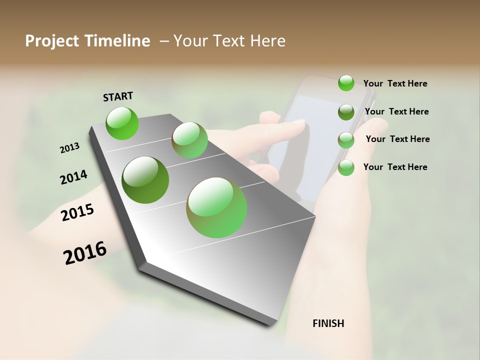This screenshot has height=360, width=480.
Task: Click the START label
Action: coord(118,96)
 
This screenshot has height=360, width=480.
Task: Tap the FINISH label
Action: coord(328,323)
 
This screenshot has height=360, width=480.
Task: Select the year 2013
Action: coord(70,148)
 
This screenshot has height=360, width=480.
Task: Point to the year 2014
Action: coord(73,177)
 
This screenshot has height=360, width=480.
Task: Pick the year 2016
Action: coord(85,252)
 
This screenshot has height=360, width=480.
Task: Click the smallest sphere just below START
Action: coord(122,123)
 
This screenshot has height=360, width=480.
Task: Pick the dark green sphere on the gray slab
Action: coord(145,180)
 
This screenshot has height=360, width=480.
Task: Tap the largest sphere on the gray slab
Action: coord(216,207)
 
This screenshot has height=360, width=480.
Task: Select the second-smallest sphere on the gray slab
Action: coord(189,140)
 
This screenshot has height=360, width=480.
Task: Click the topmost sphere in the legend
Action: coord(346,83)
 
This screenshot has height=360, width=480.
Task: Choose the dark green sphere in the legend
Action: coord(346,112)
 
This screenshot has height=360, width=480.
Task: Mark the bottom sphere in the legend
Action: coord(346,167)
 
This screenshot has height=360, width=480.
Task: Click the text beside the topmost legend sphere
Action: coord(395,83)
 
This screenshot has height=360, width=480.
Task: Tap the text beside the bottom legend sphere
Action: coord(395,167)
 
